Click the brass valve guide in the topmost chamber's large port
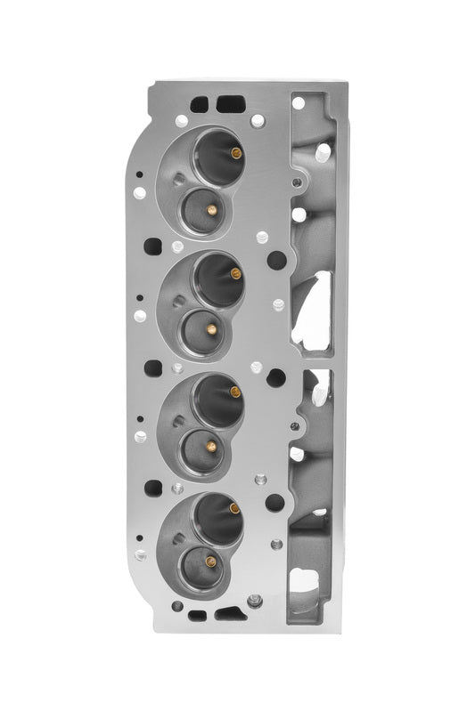point(236,153)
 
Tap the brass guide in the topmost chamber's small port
point(211,210)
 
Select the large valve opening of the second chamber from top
point(217,277)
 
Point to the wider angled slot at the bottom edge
point(229,613)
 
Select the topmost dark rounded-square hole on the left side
point(153,246)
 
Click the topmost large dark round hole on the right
point(277,260)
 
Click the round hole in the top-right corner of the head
point(299,103)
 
